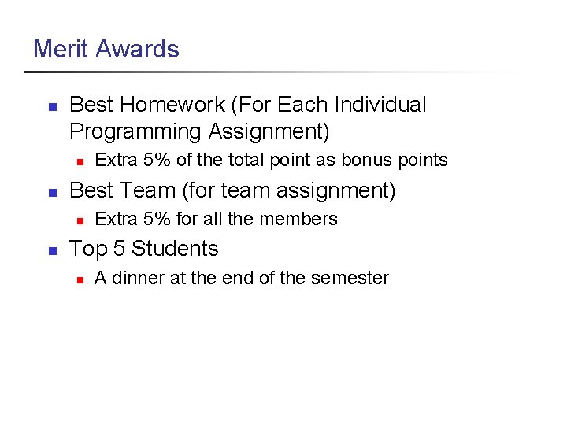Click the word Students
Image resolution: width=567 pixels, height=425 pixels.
[x=176, y=249]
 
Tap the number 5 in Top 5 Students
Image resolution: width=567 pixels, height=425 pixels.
[x=119, y=249]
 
